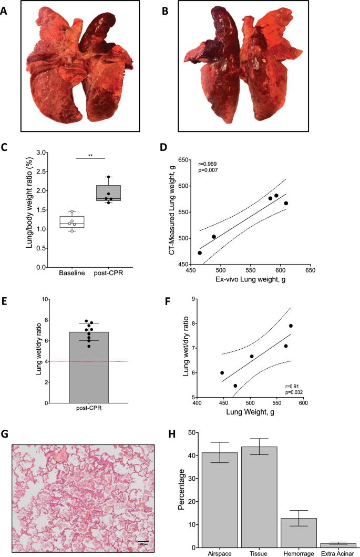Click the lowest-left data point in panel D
click(200, 253)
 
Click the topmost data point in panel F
click(291, 326)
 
